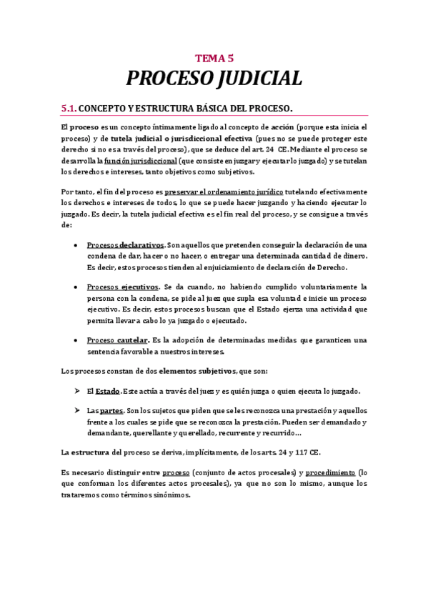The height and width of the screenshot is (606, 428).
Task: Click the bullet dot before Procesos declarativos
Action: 76,246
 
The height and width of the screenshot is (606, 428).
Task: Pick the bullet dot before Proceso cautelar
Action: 76,340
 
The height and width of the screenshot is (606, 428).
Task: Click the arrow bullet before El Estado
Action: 76,391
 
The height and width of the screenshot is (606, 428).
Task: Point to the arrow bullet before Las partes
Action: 76,411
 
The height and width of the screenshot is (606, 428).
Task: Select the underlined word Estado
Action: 108,391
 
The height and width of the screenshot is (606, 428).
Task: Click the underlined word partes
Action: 111,411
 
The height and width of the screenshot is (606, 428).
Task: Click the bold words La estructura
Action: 86,452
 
